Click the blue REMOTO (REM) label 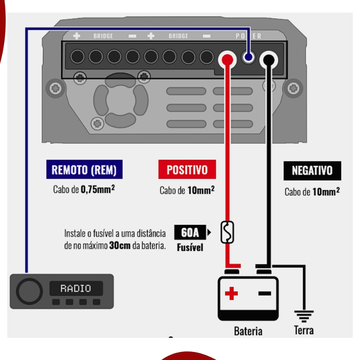tap(84, 170)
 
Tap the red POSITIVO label tap(187, 169)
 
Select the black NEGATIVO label tap(312, 171)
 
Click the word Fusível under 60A tap(190, 247)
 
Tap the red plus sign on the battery tap(231, 293)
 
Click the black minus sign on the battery tap(264, 293)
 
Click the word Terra tap(304, 330)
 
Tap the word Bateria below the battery tap(248, 331)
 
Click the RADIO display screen tap(76, 289)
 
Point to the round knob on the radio tap(29, 291)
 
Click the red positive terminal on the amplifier tap(227, 58)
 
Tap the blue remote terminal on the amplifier tap(249, 57)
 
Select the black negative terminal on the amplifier tap(269, 59)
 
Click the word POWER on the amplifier tap(249, 36)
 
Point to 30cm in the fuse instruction tap(120, 245)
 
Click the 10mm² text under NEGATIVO tap(326, 192)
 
